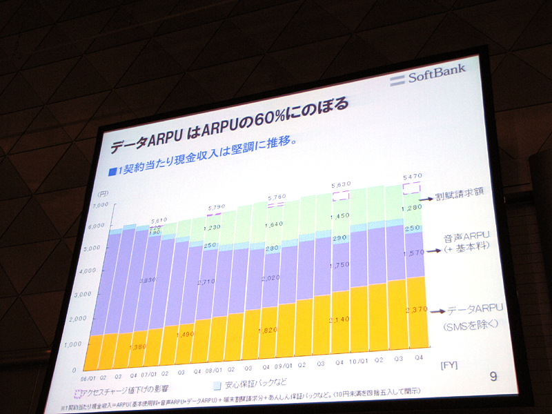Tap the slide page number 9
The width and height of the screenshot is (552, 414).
coord(493,376)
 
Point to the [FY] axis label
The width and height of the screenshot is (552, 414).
coord(449,363)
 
